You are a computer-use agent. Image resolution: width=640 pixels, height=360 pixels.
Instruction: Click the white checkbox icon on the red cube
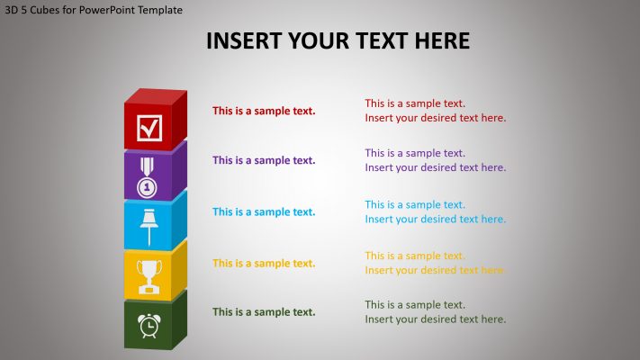[x=149, y=128]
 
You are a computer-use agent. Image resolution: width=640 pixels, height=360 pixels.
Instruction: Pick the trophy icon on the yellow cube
[x=148, y=275]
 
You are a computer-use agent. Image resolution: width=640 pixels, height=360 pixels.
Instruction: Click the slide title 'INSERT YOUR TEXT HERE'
[x=338, y=41]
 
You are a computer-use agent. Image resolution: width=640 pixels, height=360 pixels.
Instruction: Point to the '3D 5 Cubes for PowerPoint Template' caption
[x=94, y=10]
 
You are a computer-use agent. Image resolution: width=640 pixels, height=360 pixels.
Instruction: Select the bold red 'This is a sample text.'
[x=264, y=111]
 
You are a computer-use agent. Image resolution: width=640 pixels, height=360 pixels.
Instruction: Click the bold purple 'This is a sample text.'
[x=264, y=160]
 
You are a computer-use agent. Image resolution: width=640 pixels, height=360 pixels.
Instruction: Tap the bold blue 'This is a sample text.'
[x=264, y=211]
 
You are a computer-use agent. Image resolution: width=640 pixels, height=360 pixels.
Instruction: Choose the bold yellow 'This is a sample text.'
[x=264, y=263]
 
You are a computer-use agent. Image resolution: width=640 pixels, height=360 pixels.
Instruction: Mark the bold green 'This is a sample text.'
[x=264, y=311]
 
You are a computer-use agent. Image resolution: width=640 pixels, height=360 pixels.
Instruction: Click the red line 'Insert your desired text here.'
[x=435, y=118]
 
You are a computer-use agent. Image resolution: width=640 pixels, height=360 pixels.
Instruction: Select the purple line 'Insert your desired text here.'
[x=435, y=167]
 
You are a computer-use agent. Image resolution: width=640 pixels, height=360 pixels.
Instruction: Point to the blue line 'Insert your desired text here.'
[x=435, y=219]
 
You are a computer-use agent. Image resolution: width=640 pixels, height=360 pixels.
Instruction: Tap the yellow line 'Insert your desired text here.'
[x=435, y=270]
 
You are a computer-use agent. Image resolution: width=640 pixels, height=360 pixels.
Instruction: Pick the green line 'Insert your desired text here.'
[x=435, y=319]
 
